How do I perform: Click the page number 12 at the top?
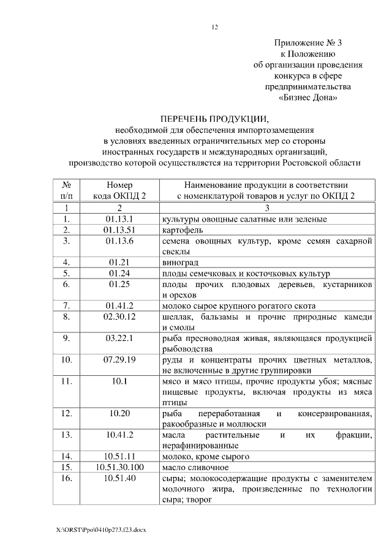(214, 26)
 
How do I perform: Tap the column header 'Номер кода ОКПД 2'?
(119, 190)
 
